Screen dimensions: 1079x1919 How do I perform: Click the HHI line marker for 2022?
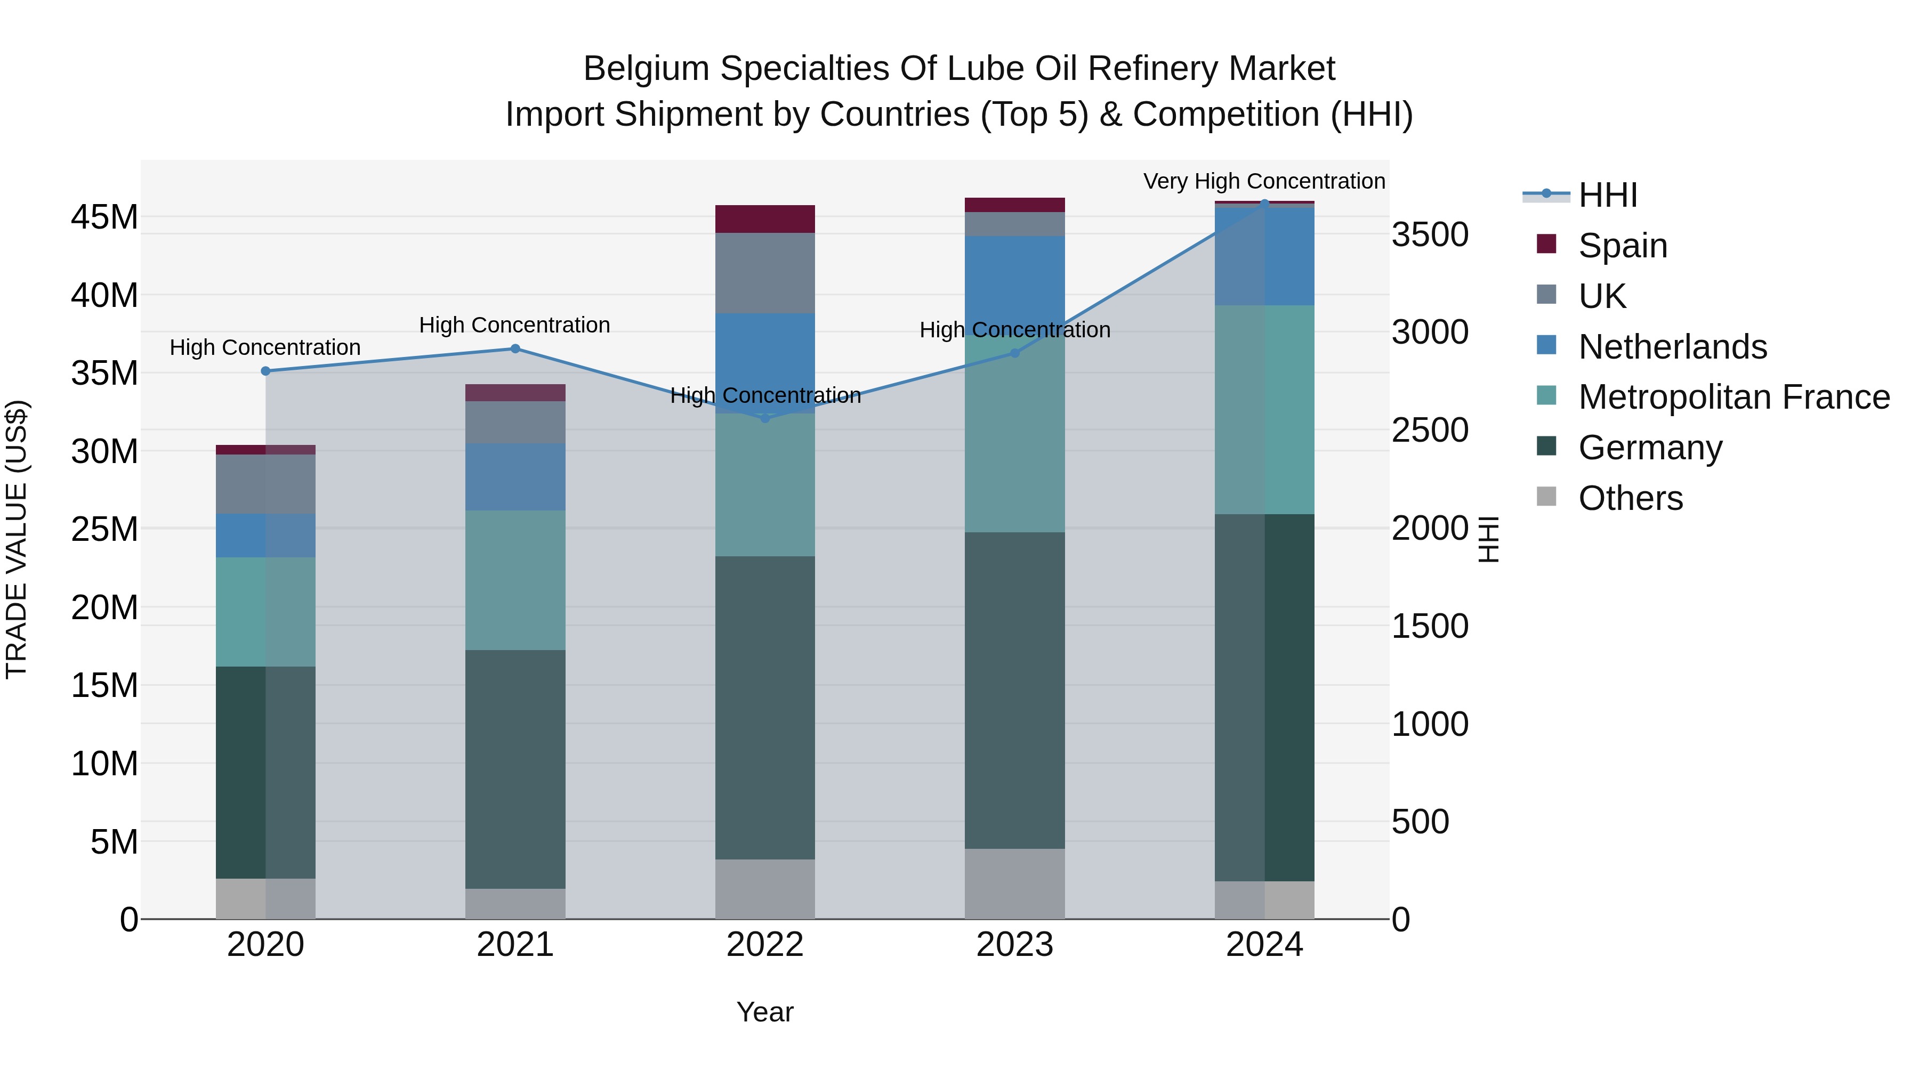[765, 418]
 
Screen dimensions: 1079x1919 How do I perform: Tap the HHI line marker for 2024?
[1264, 204]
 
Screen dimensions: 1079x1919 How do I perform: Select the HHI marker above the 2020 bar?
[266, 371]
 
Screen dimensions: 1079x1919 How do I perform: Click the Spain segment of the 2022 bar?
[765, 219]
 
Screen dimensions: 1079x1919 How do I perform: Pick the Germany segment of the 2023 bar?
[1014, 690]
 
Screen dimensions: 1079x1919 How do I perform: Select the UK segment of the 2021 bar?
[515, 422]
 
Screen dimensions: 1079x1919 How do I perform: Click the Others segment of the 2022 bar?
[765, 889]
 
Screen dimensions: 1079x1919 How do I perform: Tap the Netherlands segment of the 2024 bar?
[1264, 255]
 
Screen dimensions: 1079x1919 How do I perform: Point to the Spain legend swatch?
[1546, 244]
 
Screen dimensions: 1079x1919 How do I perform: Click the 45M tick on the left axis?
[104, 217]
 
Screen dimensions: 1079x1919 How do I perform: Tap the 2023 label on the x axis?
[1014, 945]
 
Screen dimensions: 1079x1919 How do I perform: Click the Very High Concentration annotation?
[1264, 181]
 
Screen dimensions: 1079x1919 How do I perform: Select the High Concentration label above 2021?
[515, 326]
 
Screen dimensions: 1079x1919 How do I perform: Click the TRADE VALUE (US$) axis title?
[17, 539]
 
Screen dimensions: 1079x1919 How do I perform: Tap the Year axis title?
[765, 1012]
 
